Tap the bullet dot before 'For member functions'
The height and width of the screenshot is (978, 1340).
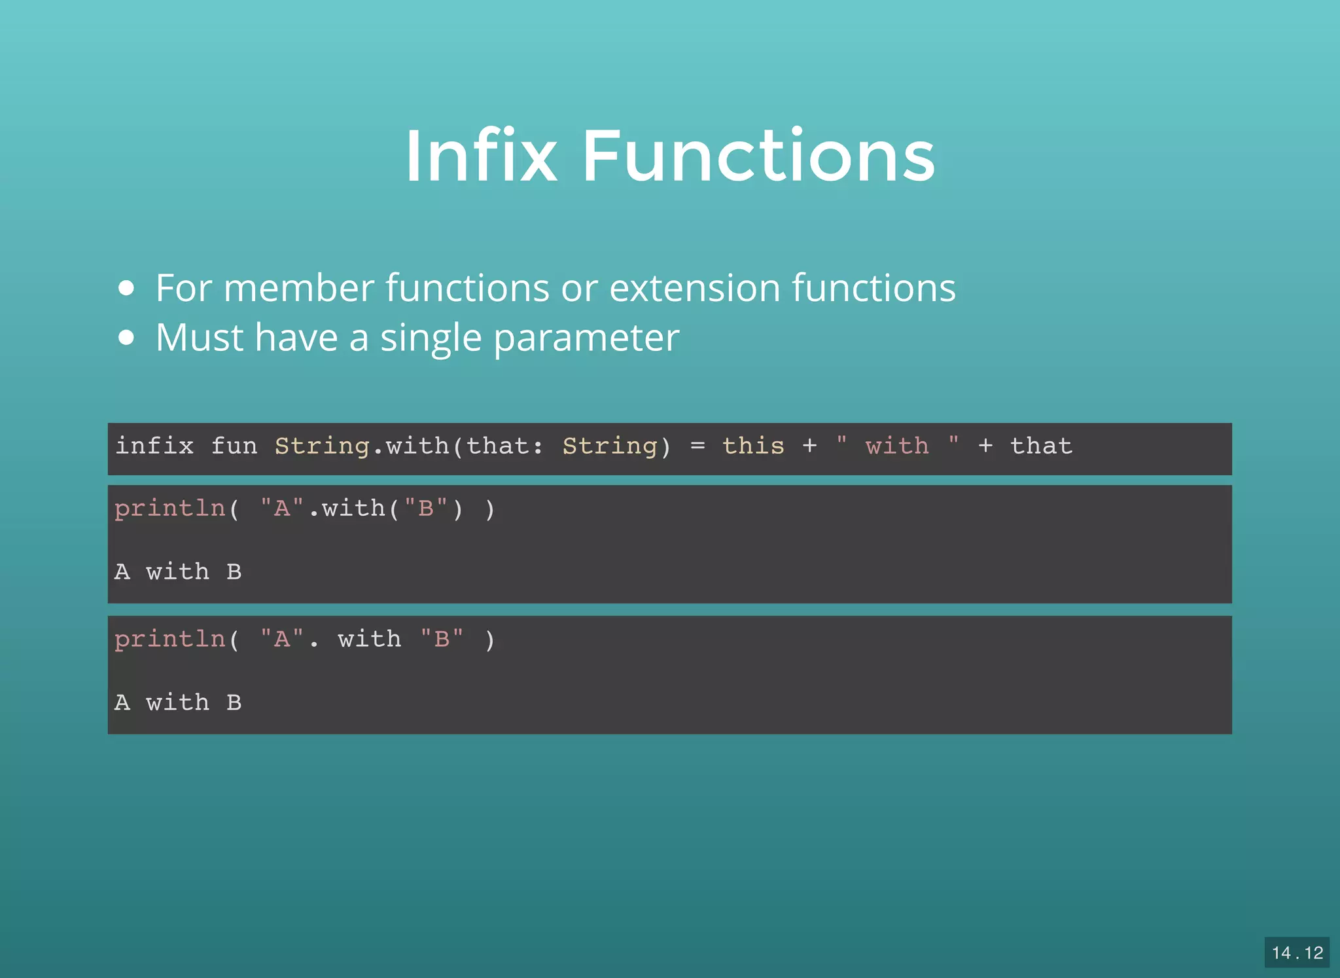pyautogui.click(x=127, y=288)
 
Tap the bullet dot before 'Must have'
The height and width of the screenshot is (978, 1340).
pyautogui.click(x=127, y=338)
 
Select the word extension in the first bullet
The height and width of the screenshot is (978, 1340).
pyautogui.click(x=694, y=288)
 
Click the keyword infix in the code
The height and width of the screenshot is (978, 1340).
pyautogui.click(x=154, y=446)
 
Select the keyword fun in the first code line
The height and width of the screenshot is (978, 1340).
pyautogui.click(x=234, y=446)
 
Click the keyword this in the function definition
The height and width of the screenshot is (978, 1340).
pyautogui.click(x=752, y=446)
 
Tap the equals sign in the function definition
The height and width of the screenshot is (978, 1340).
pyautogui.click(x=697, y=446)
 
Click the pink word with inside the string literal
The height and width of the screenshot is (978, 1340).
pyautogui.click(x=896, y=446)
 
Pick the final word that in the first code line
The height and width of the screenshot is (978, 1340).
pyautogui.click(x=1040, y=446)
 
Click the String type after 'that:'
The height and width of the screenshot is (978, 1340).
pyautogui.click(x=609, y=446)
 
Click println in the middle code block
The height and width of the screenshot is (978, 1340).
pyautogui.click(x=169, y=509)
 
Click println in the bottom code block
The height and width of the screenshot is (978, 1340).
pyautogui.click(x=169, y=639)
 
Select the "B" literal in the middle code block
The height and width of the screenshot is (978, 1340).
pyautogui.click(x=426, y=509)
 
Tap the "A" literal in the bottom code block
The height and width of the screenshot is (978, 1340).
pyautogui.click(x=282, y=639)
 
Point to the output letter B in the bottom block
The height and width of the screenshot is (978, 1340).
pyautogui.click(x=234, y=703)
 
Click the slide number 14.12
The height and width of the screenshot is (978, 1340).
pyautogui.click(x=1296, y=952)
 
